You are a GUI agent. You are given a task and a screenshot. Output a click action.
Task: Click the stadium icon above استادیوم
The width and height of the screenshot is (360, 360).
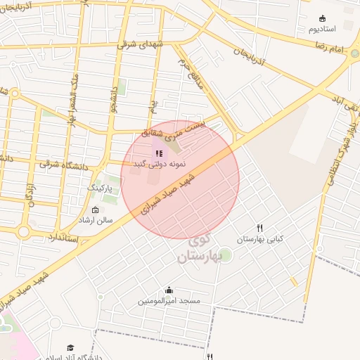[323, 18]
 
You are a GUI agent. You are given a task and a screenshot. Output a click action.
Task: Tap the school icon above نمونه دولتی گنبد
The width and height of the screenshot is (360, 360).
[159, 153]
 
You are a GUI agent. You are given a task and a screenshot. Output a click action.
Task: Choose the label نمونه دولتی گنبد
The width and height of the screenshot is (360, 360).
[160, 163]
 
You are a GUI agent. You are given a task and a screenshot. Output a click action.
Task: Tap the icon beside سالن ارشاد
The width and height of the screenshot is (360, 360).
[96, 210]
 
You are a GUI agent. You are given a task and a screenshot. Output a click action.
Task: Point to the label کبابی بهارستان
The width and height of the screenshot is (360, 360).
[260, 239]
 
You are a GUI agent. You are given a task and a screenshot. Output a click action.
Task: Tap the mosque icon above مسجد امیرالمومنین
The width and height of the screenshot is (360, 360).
[169, 290]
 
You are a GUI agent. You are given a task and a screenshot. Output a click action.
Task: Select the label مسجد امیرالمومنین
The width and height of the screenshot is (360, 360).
[169, 301]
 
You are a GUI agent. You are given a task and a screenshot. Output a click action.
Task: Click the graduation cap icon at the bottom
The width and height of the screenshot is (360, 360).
[70, 347]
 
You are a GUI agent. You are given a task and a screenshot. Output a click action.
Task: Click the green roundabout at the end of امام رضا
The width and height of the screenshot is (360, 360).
[355, 53]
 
